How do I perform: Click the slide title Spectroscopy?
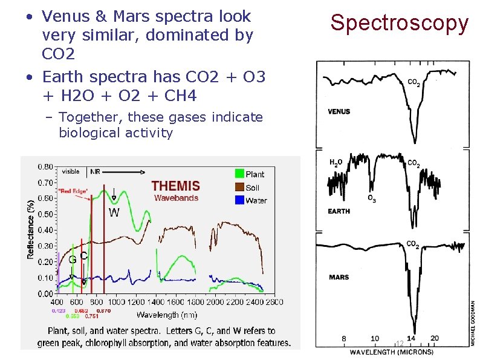pos(399,23)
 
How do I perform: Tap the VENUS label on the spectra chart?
pos(339,111)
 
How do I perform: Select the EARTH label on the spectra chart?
pos(339,211)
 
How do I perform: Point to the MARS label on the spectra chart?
pos(339,277)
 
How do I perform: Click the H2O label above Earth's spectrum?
pos(336,163)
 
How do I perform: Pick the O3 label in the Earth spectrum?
pos(371,199)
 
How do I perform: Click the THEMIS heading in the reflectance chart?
pos(175,186)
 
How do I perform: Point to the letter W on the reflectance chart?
pos(114,212)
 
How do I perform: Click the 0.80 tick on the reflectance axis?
pos(44,166)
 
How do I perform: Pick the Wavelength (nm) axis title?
pos(167,315)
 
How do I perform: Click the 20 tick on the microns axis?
pos(435,339)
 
